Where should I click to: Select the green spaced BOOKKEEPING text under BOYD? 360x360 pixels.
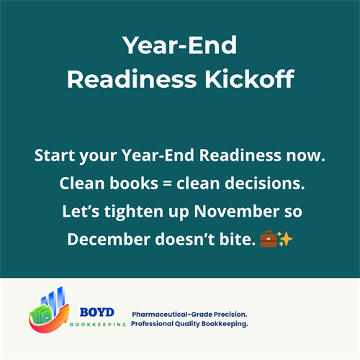point(98,324)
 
